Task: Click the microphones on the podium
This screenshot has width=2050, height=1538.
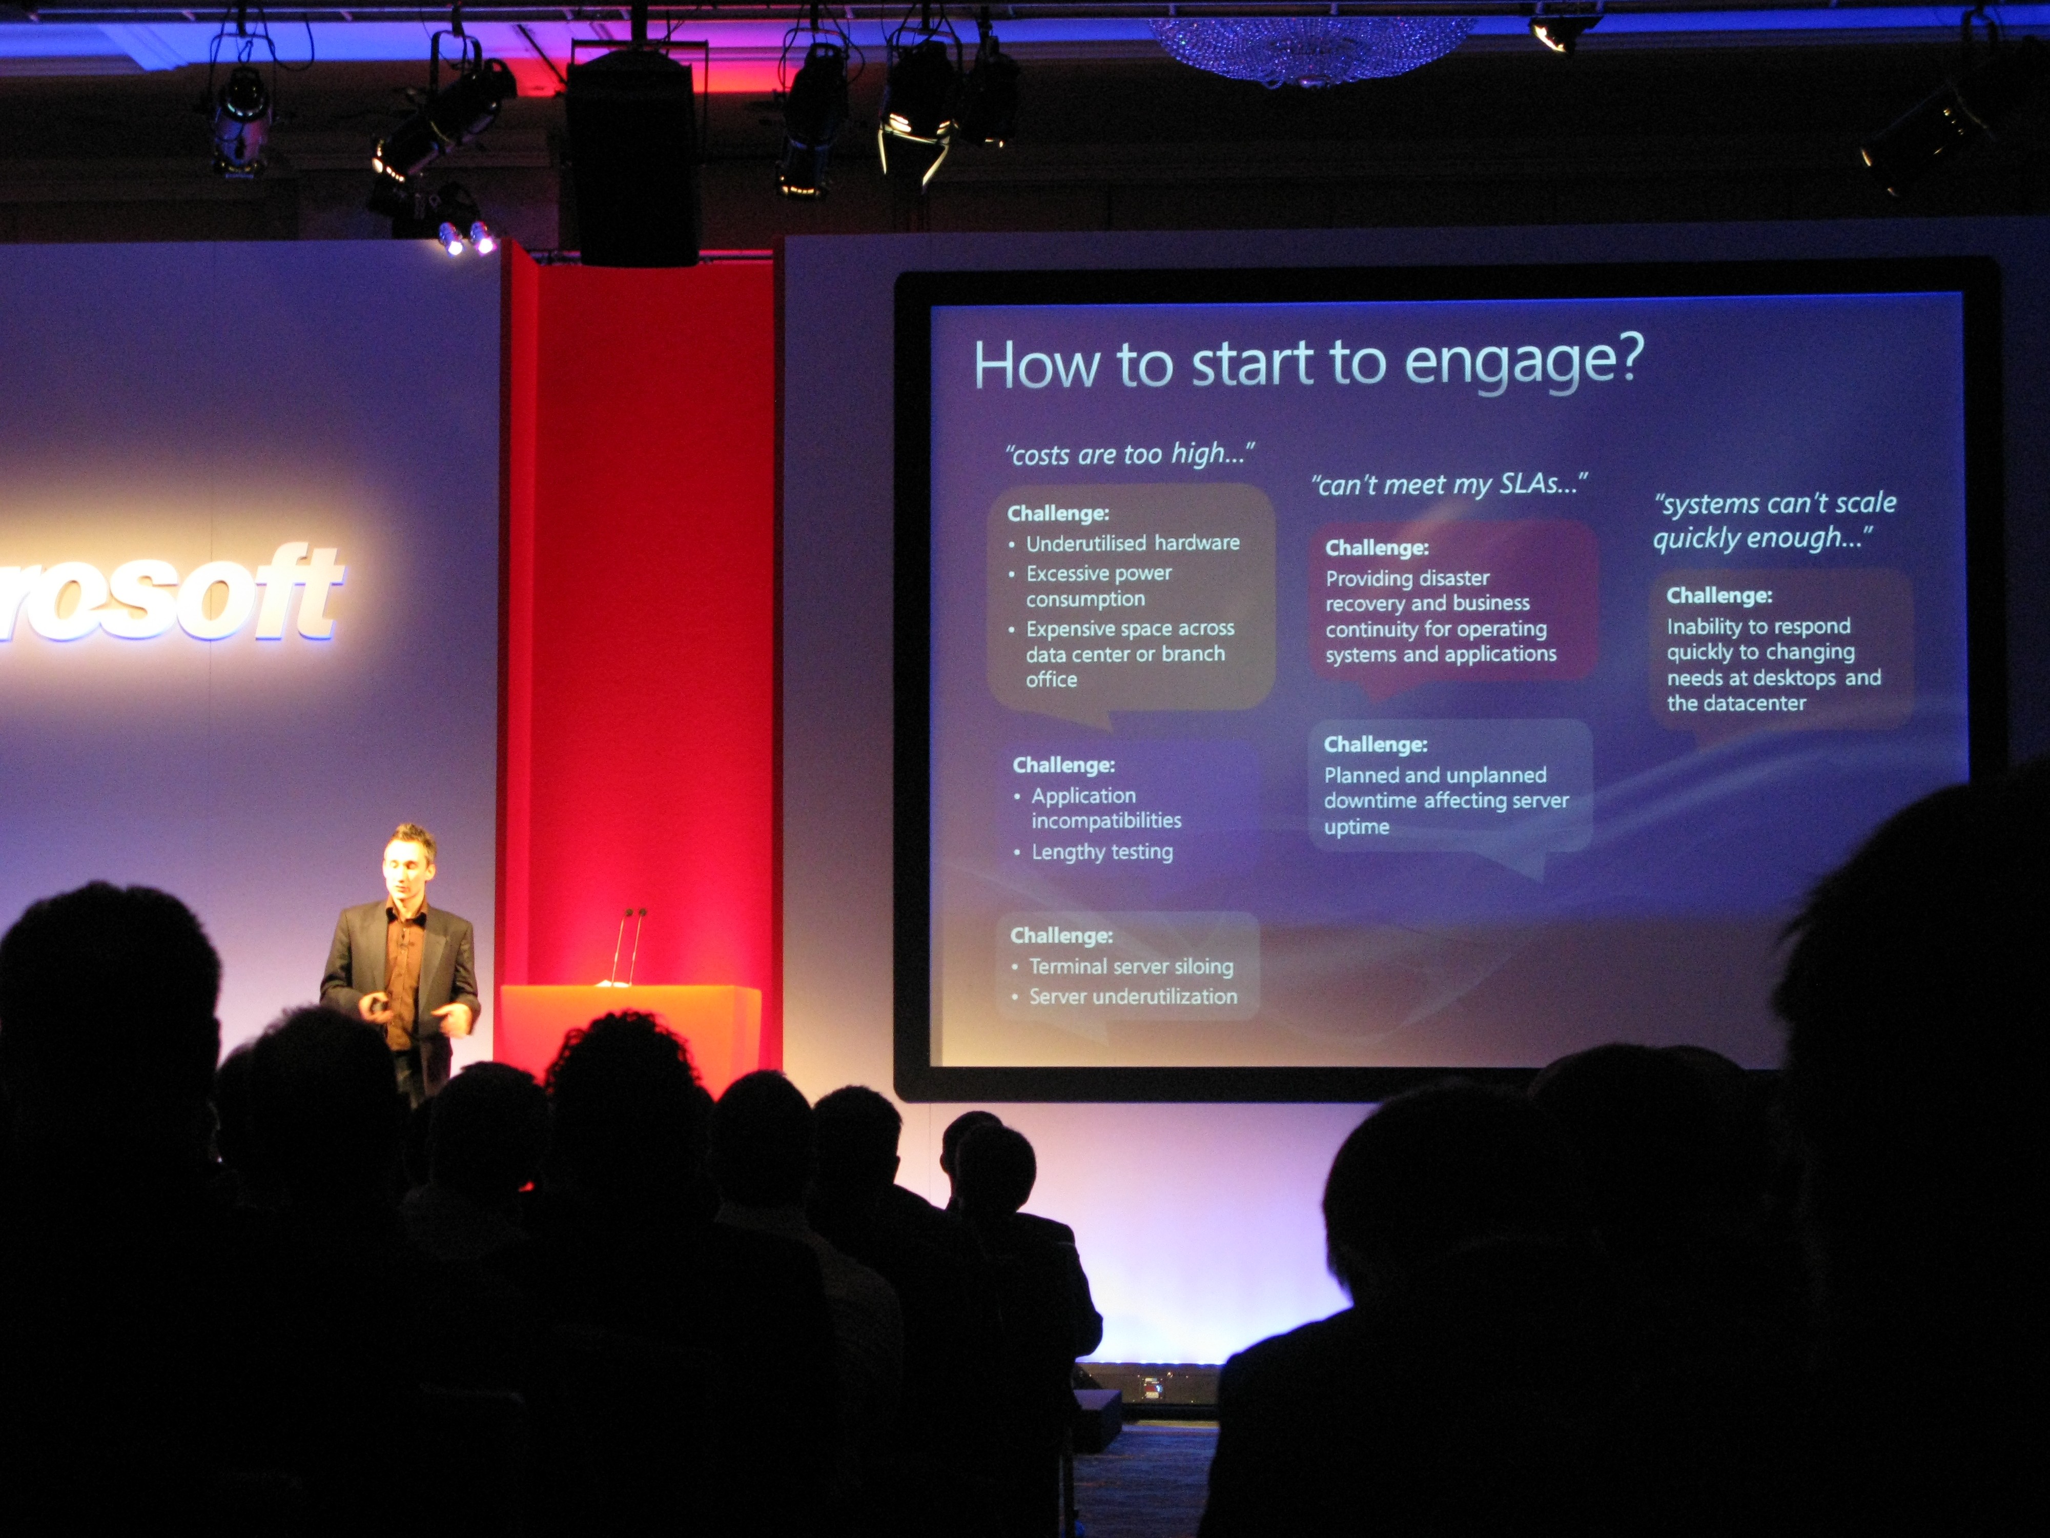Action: pyautogui.click(x=627, y=945)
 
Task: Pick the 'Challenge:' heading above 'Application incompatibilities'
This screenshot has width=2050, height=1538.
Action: pyautogui.click(x=1064, y=765)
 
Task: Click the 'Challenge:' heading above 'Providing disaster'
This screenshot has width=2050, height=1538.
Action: pyautogui.click(x=1377, y=548)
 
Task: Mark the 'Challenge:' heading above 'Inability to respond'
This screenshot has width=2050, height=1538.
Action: pyautogui.click(x=1719, y=595)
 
